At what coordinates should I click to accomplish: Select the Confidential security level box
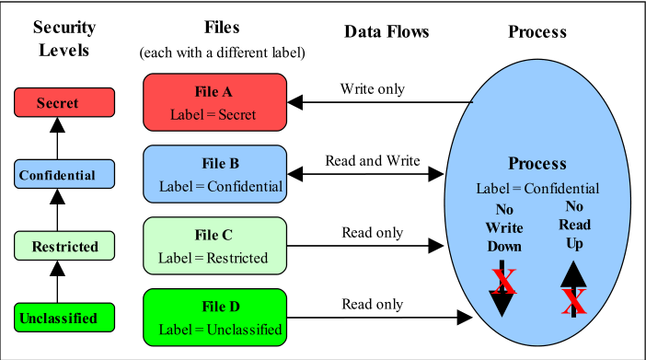click(57, 174)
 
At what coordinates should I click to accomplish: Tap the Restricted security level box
click(58, 246)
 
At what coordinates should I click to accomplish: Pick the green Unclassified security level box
click(58, 318)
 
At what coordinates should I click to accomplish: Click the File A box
click(213, 102)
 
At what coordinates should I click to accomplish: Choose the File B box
click(213, 174)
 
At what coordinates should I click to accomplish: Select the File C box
click(213, 246)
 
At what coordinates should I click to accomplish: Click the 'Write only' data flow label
click(372, 89)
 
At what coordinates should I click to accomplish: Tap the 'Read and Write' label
click(372, 160)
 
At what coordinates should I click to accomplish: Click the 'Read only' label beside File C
click(372, 232)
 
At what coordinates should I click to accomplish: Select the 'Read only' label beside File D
click(372, 303)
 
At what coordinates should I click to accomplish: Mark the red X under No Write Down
click(503, 281)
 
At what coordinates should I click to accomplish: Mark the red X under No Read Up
click(575, 299)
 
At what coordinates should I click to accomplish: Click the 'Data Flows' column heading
click(386, 32)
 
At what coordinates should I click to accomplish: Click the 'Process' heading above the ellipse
click(537, 32)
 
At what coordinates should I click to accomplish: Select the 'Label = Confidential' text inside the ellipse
click(537, 189)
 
